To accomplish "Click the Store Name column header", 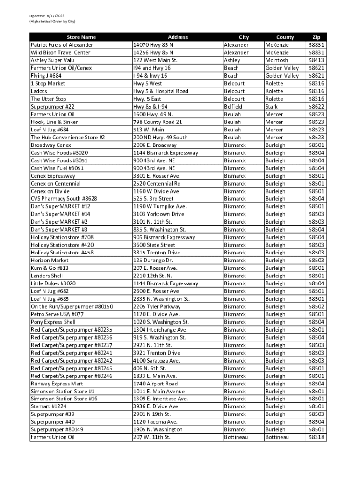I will click(x=80, y=37).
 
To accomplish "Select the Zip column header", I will click(x=317, y=37).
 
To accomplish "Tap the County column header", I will click(x=285, y=37).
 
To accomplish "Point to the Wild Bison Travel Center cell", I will click(x=60, y=52).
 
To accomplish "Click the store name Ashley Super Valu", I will click(x=52, y=60).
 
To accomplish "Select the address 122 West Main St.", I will click(x=155, y=60).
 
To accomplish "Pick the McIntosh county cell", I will click(x=277, y=60).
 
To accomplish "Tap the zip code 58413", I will click(x=317, y=60).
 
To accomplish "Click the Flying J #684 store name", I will click(x=46, y=76).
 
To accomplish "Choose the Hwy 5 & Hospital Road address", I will click(x=160, y=91).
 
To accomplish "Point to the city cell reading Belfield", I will click(x=234, y=107).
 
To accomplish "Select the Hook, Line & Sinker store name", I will click(x=54, y=122).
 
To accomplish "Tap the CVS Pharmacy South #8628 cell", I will click(x=64, y=199).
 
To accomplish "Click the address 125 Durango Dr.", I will click(x=153, y=261).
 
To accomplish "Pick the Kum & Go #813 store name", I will click(x=49, y=268).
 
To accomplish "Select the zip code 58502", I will click(x=317, y=306).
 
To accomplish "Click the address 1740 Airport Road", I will click(x=155, y=384).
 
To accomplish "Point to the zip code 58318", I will click(x=317, y=437).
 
